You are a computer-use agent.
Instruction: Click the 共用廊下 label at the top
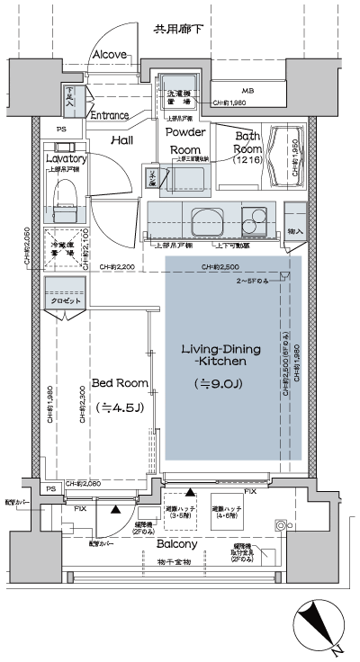pos(177,31)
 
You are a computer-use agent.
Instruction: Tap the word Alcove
pos(110,55)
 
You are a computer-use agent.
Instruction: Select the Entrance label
pos(110,115)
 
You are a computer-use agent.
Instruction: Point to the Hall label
pos(122,140)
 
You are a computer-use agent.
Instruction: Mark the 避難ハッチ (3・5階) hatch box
pos(180,512)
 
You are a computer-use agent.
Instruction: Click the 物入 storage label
pos(293,233)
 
